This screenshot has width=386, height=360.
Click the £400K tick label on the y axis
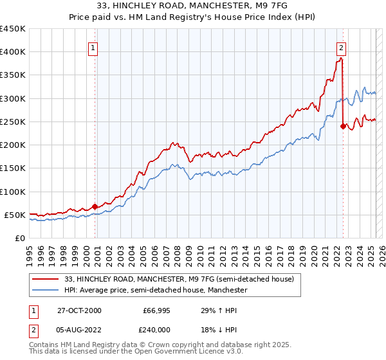[x=12, y=52]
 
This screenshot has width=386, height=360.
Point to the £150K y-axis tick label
[x=12, y=168]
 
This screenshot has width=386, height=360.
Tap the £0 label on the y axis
[x=20, y=239]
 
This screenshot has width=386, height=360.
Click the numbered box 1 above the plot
[x=93, y=47]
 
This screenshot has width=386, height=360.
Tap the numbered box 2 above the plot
[x=341, y=47]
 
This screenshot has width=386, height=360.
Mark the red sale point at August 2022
[x=343, y=127]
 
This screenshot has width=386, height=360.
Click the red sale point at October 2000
[x=95, y=207]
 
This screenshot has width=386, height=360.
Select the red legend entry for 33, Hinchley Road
[x=179, y=279]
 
